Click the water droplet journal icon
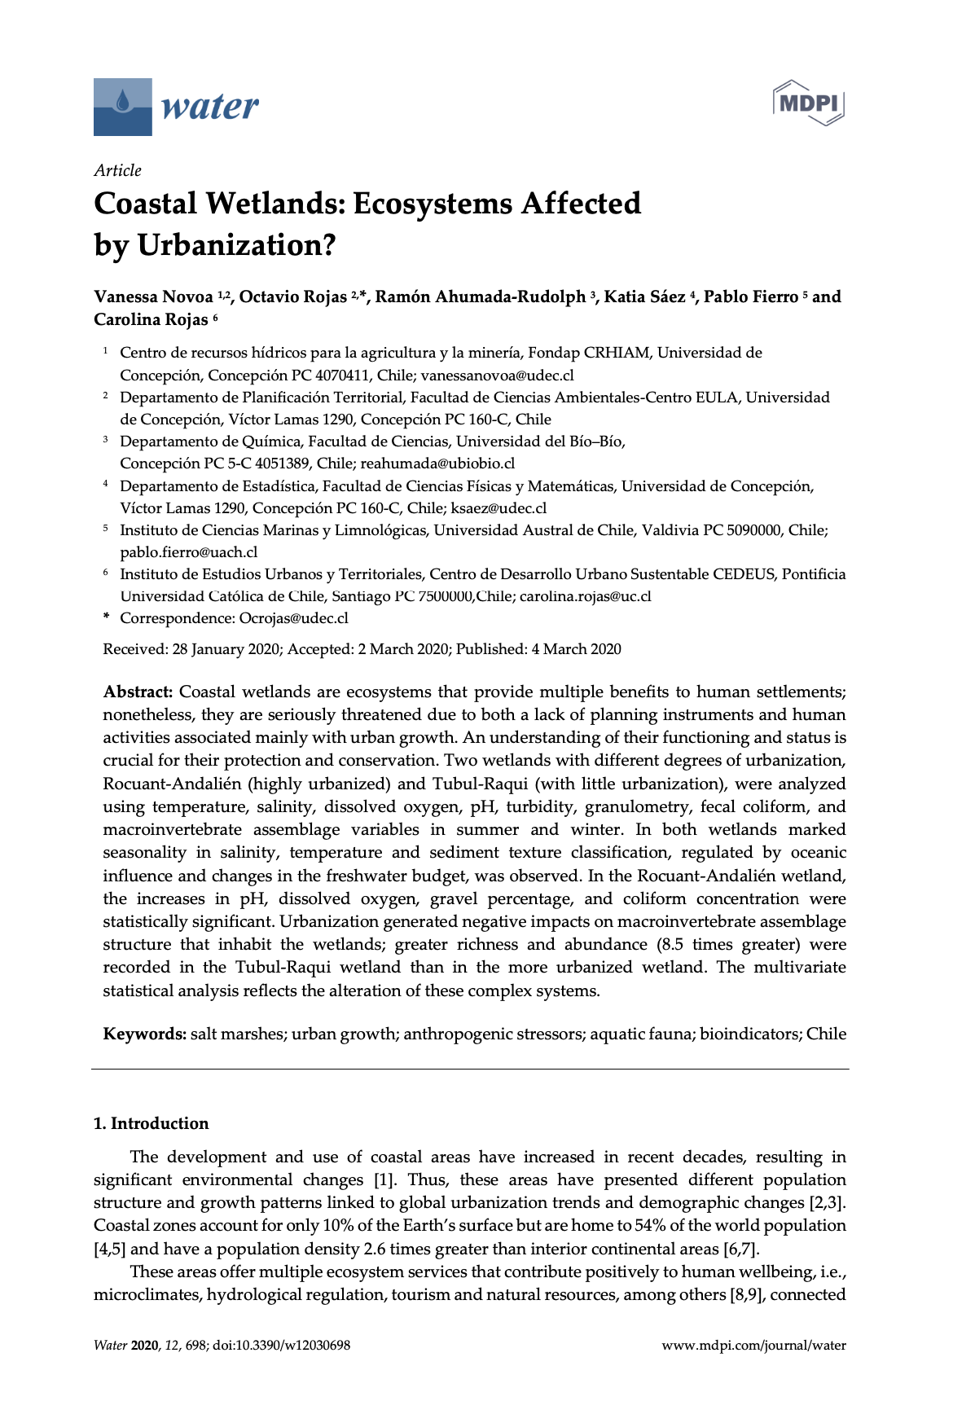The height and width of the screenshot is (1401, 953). pyautogui.click(x=123, y=106)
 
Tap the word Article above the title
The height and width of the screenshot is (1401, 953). pyautogui.click(x=117, y=170)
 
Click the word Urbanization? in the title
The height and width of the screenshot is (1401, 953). pyautogui.click(x=236, y=245)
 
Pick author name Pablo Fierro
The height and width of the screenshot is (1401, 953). pyautogui.click(x=750, y=297)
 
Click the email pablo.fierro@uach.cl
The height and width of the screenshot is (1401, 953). pyautogui.click(x=188, y=552)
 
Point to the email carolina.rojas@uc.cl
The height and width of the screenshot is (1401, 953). pyautogui.click(x=585, y=596)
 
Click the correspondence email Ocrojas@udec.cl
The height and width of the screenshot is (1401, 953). pyautogui.click(x=293, y=618)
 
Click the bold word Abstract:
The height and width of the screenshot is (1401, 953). pyautogui.click(x=138, y=692)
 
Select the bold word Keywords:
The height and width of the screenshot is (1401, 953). pyautogui.click(x=145, y=1034)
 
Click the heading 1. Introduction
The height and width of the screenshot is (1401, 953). pyautogui.click(x=152, y=1124)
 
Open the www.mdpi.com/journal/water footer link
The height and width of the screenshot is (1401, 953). pyautogui.click(x=753, y=1346)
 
